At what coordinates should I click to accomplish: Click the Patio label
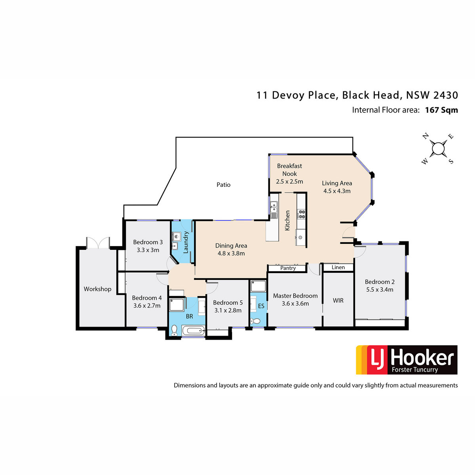(x=223, y=184)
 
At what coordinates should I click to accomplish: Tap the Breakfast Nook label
(x=289, y=169)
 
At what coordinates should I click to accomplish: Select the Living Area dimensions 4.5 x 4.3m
(x=337, y=191)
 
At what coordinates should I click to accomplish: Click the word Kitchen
(x=287, y=220)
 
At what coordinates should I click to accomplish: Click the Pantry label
(x=288, y=268)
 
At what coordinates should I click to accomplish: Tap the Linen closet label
(x=338, y=267)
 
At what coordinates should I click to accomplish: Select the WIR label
(x=338, y=300)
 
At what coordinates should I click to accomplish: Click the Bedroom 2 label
(x=380, y=282)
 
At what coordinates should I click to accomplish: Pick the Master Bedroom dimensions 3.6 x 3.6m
(x=295, y=304)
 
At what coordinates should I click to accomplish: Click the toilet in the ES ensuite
(x=255, y=321)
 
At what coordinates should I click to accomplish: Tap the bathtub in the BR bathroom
(x=193, y=330)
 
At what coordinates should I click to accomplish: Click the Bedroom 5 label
(x=228, y=302)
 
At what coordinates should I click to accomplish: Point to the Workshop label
(x=97, y=289)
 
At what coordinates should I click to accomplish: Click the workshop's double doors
(x=98, y=243)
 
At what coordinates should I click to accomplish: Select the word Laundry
(x=186, y=242)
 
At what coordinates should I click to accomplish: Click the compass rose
(x=438, y=149)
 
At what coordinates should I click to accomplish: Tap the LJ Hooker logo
(x=407, y=360)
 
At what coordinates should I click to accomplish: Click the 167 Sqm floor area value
(x=441, y=110)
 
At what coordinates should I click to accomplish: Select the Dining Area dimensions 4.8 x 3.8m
(x=231, y=253)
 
